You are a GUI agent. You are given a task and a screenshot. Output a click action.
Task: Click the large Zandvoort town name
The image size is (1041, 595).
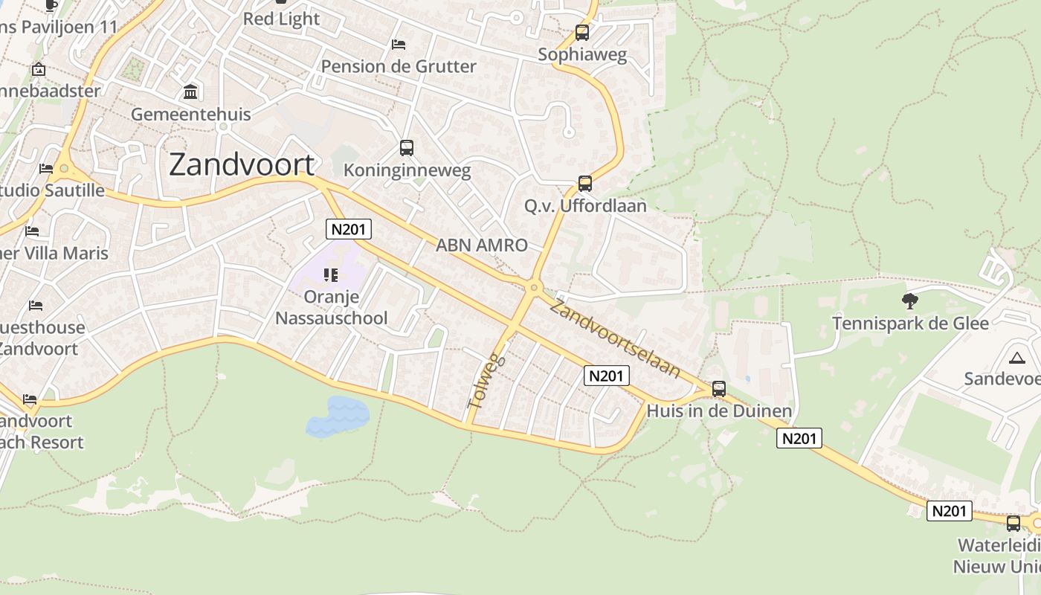[x=242, y=164]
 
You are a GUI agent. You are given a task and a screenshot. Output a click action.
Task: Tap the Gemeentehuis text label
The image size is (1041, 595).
[x=191, y=115]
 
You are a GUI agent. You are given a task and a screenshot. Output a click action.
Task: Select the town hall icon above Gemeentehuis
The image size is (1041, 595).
[x=190, y=92]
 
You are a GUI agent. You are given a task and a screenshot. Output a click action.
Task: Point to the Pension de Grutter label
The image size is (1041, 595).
[x=399, y=66]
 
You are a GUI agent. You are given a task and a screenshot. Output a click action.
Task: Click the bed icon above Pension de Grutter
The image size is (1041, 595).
[x=399, y=45]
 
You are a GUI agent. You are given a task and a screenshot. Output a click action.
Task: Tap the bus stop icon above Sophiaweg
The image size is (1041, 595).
[x=582, y=33]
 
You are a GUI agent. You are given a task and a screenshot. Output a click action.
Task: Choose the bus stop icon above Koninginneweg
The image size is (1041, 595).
[x=406, y=148]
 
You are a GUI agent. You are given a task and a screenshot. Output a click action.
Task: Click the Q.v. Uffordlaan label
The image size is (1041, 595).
[x=586, y=206]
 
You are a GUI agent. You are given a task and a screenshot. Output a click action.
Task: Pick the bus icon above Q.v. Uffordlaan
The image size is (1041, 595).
[x=585, y=184]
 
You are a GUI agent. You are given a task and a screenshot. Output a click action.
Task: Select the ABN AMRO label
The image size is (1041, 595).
[x=482, y=245]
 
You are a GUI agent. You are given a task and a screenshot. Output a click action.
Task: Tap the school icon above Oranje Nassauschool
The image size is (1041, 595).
[x=331, y=276]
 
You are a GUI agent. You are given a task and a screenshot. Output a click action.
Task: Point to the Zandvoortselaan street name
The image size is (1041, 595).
[x=615, y=337]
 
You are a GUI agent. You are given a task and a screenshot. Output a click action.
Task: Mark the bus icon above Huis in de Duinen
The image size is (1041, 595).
[x=718, y=389]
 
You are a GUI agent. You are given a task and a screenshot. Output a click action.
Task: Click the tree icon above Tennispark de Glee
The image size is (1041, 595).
[x=909, y=301]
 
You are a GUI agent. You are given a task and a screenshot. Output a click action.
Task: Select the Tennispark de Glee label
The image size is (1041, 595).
[x=910, y=324]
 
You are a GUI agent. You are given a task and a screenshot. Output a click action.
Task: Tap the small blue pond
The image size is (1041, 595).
[x=338, y=416]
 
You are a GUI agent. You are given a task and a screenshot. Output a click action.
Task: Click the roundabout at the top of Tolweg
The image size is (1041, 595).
[x=533, y=288]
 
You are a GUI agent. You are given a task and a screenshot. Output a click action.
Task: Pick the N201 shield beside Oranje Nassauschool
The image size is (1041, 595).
[x=349, y=229]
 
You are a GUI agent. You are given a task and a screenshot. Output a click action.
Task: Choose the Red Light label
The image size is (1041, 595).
[x=281, y=19]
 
